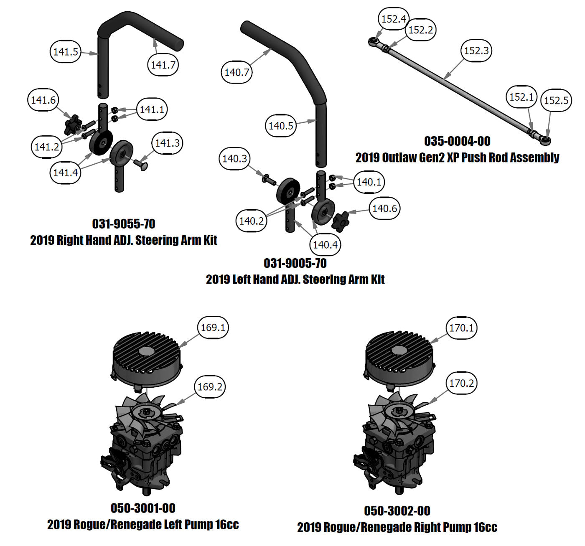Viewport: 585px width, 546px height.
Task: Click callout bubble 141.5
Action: tap(66, 52)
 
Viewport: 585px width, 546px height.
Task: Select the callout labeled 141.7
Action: tap(163, 65)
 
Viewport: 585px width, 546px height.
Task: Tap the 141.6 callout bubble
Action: tap(43, 100)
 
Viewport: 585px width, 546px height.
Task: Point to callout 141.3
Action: tap(167, 143)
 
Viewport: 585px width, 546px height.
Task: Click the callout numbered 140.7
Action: tap(237, 72)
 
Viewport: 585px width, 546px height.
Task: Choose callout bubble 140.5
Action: tap(281, 125)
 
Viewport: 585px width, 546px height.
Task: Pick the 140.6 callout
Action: tap(384, 208)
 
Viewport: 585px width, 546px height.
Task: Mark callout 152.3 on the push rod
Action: tap(476, 51)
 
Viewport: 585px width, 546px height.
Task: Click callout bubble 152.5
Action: tap(556, 100)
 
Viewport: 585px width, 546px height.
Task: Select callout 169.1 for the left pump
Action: tap(213, 328)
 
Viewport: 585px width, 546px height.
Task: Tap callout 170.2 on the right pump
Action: tap(461, 383)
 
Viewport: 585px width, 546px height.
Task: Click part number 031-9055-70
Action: tap(124, 224)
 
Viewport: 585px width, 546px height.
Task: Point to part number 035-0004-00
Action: tap(457, 141)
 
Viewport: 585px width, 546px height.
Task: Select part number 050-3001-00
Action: tap(143, 508)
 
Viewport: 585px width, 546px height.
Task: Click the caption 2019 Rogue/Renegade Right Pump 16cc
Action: tap(397, 527)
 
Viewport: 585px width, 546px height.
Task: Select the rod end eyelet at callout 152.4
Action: tap(373, 41)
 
